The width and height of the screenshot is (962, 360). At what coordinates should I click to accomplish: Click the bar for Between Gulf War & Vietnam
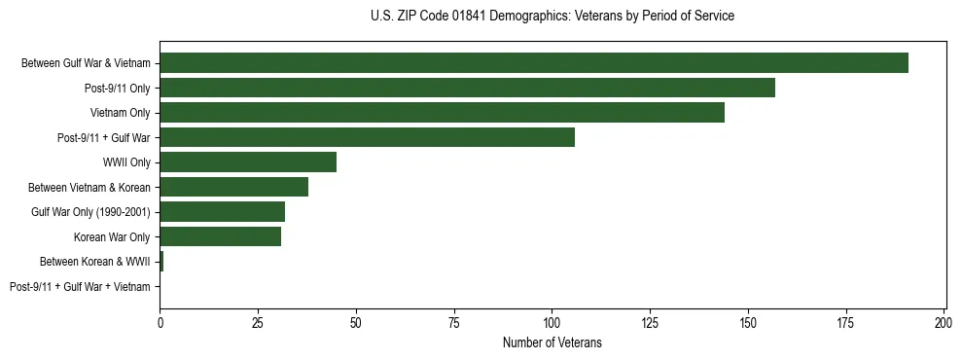coord(533,63)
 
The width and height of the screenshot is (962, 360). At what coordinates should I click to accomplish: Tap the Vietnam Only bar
coord(442,113)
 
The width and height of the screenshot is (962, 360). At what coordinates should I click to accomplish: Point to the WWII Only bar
coord(248,162)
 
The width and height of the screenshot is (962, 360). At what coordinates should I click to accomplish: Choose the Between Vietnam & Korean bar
coord(233,187)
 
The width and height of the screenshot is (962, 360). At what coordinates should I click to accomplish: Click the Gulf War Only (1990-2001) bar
coord(222,212)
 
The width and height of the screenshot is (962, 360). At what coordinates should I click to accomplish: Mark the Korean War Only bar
coord(220,236)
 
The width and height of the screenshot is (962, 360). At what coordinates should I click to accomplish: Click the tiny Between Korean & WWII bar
coord(161,262)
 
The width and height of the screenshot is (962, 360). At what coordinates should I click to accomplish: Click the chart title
coord(552,17)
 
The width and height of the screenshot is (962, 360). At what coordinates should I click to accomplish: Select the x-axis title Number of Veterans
coord(552,342)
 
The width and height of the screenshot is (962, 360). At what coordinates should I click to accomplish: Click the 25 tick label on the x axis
coord(258,322)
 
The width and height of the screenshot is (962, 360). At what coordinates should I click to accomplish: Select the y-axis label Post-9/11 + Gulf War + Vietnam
coord(80,287)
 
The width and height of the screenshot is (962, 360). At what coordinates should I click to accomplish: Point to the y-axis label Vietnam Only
coord(120,113)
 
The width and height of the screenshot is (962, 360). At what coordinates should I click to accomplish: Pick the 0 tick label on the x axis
coord(160,322)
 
